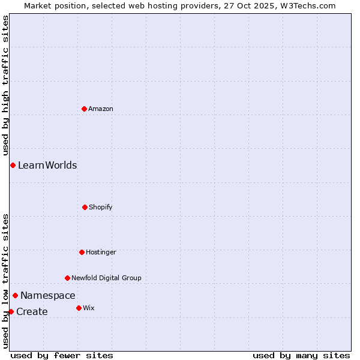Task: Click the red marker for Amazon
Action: point(84,109)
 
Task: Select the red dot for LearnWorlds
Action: point(13,165)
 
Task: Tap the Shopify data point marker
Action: point(85,207)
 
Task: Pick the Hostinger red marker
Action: point(82,252)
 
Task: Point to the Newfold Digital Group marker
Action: point(67,278)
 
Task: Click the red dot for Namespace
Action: point(15,295)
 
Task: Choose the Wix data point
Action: point(79,308)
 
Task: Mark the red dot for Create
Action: point(11,311)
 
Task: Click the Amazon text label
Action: point(101,109)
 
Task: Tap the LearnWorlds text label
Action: point(47,165)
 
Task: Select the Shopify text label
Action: point(101,207)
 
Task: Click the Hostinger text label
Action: point(101,252)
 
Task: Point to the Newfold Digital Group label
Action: point(107,278)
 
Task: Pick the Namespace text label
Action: point(48,295)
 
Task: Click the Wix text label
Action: point(89,308)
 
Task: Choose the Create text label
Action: point(32,311)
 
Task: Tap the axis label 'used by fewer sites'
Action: point(62,355)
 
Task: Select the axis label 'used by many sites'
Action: point(301,355)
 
